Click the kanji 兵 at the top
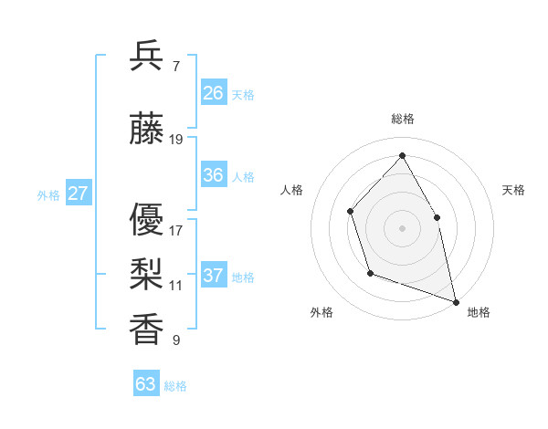click(147, 57)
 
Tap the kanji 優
click(147, 218)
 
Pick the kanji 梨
click(147, 272)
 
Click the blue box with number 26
click(214, 92)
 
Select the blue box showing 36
click(214, 175)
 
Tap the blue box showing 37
click(214, 276)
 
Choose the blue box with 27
click(78, 194)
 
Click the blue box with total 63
click(146, 384)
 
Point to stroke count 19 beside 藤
click(176, 140)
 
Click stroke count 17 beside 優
click(176, 230)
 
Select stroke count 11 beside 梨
click(176, 286)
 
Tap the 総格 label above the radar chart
click(403, 119)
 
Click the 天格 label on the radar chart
click(513, 190)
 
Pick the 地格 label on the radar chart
click(479, 313)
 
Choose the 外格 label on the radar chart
click(321, 313)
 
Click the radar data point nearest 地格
click(455, 300)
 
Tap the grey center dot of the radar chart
click(402, 227)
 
